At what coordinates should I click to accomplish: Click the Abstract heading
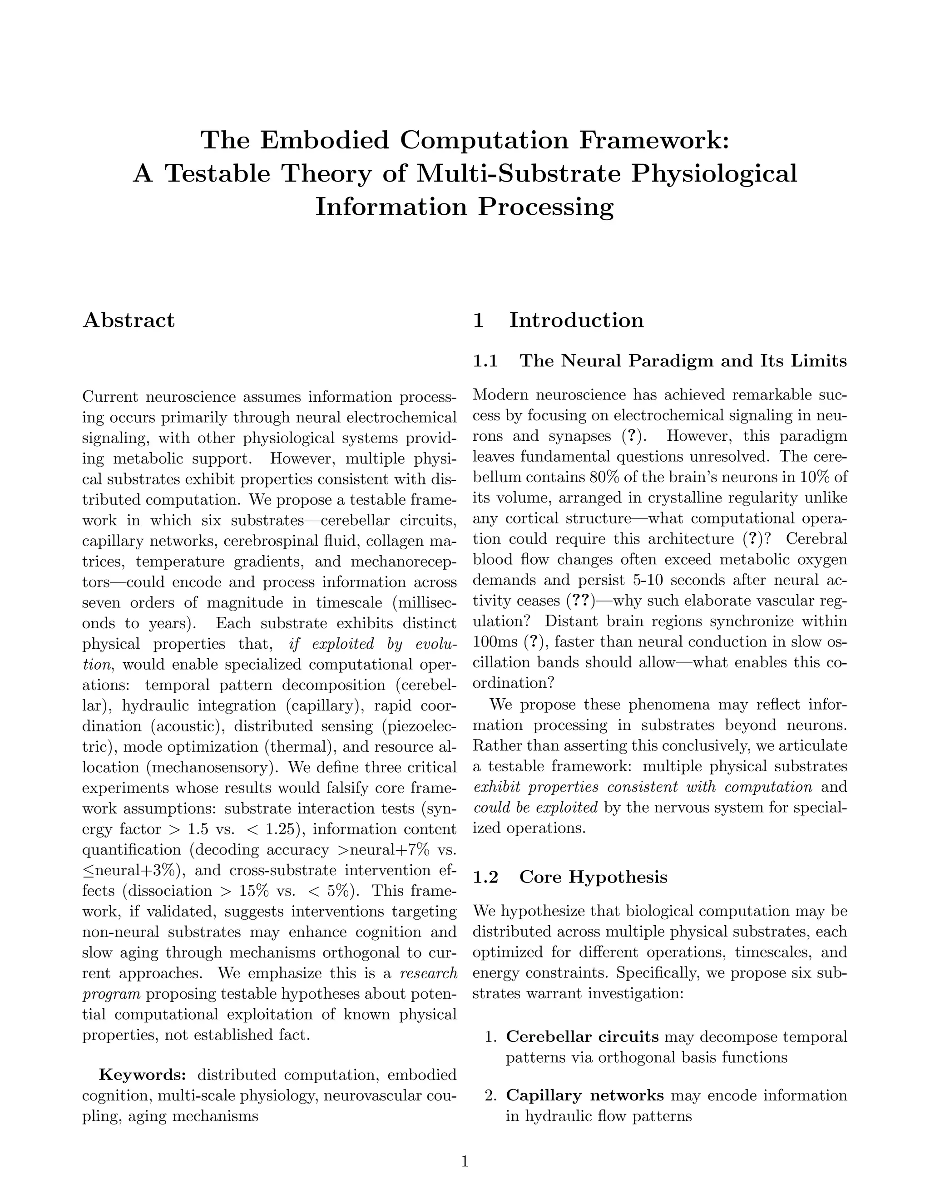pos(129,320)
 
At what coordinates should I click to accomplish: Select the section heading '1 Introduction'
pos(558,320)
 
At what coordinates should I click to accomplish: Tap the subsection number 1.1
pos(485,361)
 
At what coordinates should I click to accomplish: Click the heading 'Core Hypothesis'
pos(594,876)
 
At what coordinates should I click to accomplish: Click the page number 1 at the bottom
pos(465,1162)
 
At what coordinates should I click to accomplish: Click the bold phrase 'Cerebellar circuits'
pos(582,1037)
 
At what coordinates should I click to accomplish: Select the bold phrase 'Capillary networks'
pos(584,1095)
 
